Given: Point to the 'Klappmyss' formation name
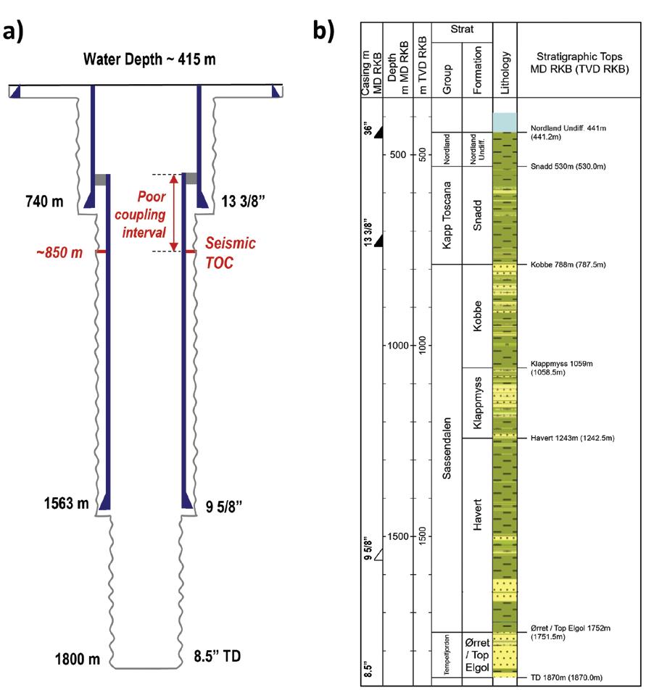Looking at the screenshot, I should tap(476, 402).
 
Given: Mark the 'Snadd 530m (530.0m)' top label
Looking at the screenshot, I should tap(563, 167).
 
